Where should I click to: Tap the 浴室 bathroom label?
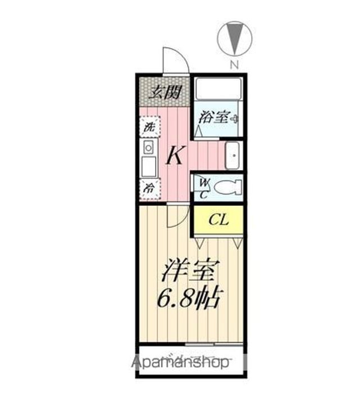pyautogui.click(x=214, y=118)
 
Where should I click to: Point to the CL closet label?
pyautogui.click(x=218, y=219)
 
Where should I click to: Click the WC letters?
pyautogui.click(x=204, y=187)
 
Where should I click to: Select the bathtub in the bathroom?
pyautogui.click(x=218, y=89)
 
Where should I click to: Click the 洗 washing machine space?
pyautogui.click(x=149, y=126)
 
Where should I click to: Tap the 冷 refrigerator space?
pyautogui.click(x=149, y=189)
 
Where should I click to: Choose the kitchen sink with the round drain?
pyautogui.click(x=149, y=148)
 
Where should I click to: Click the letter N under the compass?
pyautogui.click(x=234, y=65)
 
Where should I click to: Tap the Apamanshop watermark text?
pyautogui.click(x=180, y=362)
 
